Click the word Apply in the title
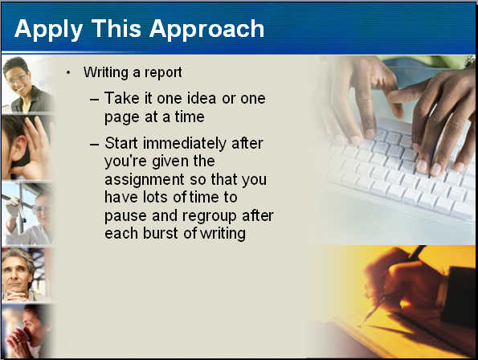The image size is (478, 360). coord(48,30)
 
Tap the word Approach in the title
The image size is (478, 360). coord(206,30)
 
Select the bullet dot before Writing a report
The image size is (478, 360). coord(68,72)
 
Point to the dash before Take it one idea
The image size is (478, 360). coord(95,100)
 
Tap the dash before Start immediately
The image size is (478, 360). coord(95,144)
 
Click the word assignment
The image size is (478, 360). coord(145,179)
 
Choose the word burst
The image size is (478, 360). coord(160,233)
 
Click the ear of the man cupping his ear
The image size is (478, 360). coord(20,149)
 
